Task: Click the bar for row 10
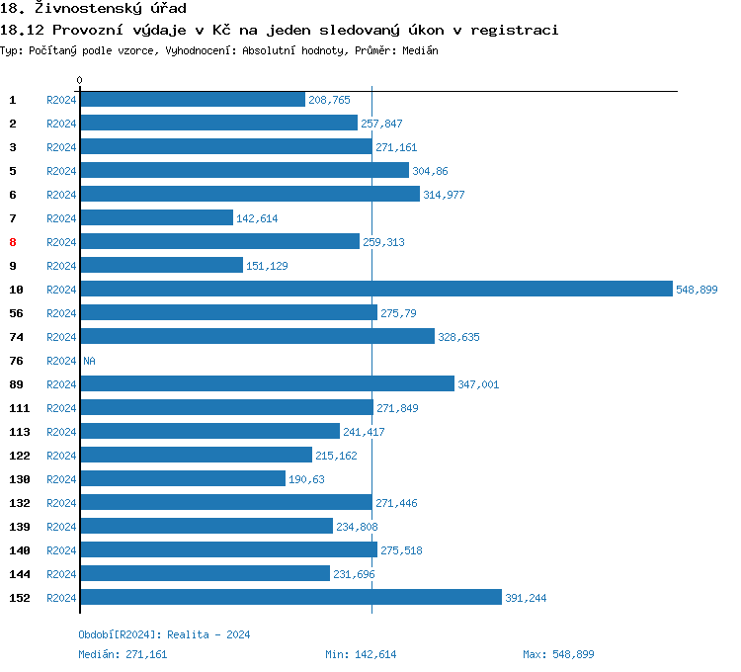tap(375, 289)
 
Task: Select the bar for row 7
tap(156, 217)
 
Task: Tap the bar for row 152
tap(290, 597)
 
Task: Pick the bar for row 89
tap(267, 383)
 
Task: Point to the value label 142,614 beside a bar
tap(257, 218)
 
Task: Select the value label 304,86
tap(430, 171)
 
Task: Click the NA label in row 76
tap(89, 361)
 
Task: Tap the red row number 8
tap(13, 242)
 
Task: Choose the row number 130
tap(18, 479)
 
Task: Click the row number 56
tap(16, 313)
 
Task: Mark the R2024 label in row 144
tap(61, 574)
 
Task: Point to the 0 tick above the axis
tap(80, 80)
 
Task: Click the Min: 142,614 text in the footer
tap(361, 654)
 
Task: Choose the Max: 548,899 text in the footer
tap(558, 654)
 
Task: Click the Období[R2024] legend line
tap(164, 634)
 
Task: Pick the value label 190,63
tap(306, 479)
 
